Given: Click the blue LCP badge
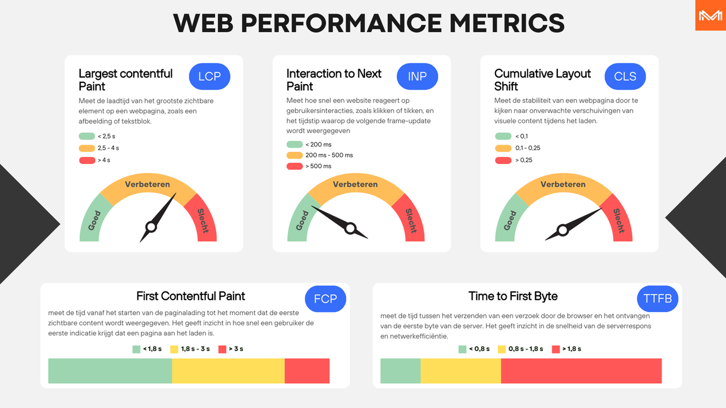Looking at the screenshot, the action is point(210,76).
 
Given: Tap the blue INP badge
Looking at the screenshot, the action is point(417,76).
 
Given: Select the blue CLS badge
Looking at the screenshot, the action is point(625,76).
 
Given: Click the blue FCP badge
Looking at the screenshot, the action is point(326,299).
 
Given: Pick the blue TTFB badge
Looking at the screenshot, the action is point(658,299).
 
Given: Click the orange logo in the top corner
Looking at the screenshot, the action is point(710,15).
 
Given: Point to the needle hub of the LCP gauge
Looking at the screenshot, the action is point(151,227).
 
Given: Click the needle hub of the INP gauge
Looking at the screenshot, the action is point(351,228).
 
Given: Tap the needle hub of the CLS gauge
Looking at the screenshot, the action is point(563,230).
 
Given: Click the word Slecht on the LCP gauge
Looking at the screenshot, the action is point(203,221).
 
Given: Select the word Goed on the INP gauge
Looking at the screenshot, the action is point(302,221).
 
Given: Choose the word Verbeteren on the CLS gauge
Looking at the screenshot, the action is point(563,184).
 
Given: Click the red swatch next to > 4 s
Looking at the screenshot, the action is point(87,160).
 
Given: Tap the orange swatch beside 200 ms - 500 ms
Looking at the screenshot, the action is point(295,155).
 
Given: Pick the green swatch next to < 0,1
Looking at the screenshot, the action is point(503,136).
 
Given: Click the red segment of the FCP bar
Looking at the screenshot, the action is point(307,371).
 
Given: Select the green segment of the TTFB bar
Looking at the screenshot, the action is point(400,371).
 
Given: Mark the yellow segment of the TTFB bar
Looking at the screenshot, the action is point(461,371).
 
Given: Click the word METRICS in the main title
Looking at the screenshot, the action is point(507,23).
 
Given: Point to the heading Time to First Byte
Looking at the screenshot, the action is point(513,296).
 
